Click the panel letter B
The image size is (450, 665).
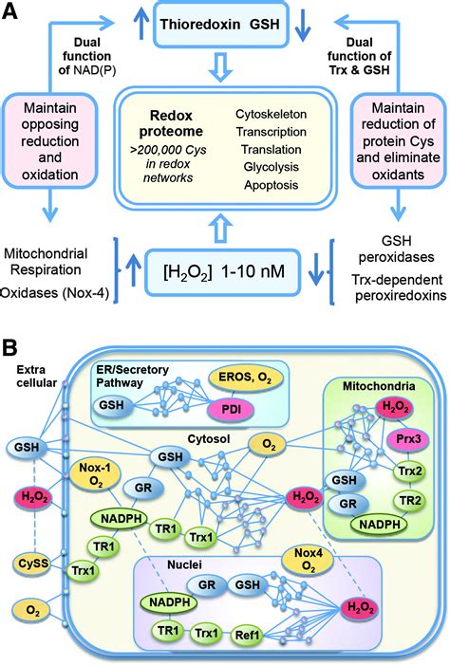[9, 347]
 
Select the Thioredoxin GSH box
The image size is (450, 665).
[220, 24]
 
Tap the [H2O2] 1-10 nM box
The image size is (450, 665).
[223, 272]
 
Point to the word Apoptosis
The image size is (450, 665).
[271, 185]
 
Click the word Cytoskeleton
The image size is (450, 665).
[271, 114]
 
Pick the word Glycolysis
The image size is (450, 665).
[271, 167]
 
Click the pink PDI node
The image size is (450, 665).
[231, 410]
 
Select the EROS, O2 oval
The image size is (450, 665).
[245, 378]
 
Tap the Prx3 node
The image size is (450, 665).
[409, 439]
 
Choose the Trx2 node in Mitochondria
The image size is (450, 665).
[410, 471]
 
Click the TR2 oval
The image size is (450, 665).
[410, 501]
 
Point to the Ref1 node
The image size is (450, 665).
[247, 635]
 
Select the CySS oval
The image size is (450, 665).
[33, 563]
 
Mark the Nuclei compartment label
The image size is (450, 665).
[184, 564]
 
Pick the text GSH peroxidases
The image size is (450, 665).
[396, 249]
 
